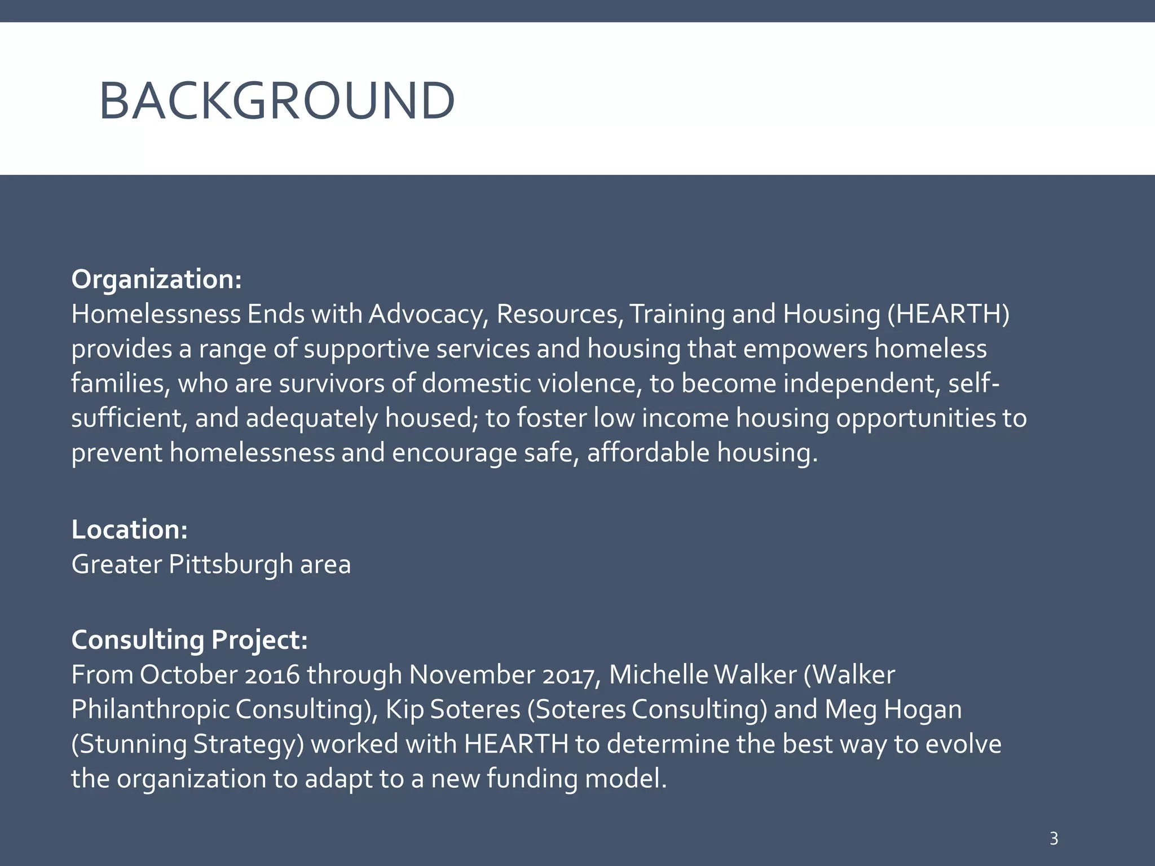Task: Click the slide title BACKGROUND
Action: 276,101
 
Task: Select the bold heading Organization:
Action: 156,280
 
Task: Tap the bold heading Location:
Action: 129,529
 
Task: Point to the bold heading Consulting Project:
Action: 189,640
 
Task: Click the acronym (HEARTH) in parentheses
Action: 948,314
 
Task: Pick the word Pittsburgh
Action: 231,564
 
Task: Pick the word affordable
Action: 648,453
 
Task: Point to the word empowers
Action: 805,349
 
